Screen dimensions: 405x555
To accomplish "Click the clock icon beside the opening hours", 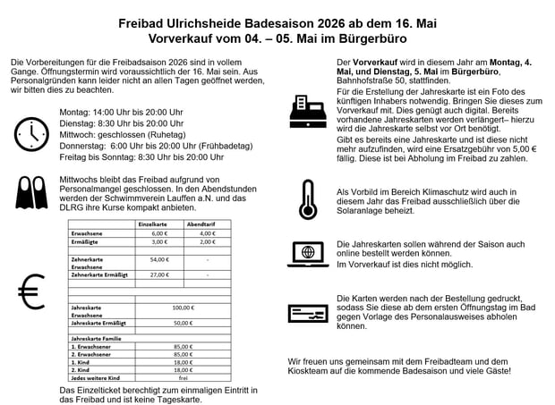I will [32, 133].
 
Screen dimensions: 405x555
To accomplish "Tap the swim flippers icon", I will [31, 190].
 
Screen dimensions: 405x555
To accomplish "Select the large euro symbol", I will [31, 291].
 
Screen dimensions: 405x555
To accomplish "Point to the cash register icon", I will [308, 112].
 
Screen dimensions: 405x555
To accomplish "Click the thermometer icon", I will [308, 198].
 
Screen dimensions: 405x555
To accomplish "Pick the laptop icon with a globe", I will [308, 253].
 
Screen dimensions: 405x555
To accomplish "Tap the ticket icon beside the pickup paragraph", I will [308, 312].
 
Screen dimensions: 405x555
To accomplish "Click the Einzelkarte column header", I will [153, 224].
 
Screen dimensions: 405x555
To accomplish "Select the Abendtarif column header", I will [201, 224].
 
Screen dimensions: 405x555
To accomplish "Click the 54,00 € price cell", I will [159, 259].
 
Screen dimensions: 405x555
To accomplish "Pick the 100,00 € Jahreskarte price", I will [183, 307].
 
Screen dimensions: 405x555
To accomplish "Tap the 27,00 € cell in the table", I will [159, 274].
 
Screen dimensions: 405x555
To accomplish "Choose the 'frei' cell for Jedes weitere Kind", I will [183, 376].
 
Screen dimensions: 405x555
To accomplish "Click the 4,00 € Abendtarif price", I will [208, 232].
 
